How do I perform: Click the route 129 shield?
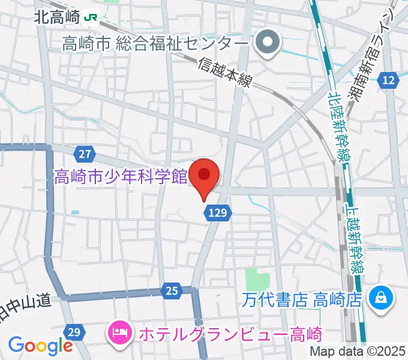(218, 211)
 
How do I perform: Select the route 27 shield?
(85, 154)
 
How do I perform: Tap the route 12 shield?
(389, 80)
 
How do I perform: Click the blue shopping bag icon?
(380, 296)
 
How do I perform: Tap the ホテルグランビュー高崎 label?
(230, 334)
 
